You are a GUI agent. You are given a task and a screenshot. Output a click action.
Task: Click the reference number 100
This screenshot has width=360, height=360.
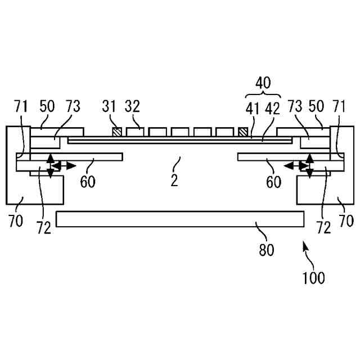(x=313, y=277)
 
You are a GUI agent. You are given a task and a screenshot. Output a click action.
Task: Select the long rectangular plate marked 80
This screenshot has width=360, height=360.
(x=180, y=219)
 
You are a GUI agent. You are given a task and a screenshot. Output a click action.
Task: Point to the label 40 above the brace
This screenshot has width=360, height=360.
(x=263, y=83)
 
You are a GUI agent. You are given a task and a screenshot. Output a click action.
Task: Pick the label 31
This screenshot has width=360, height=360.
(x=110, y=106)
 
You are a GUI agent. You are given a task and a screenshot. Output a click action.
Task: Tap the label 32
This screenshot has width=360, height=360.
(x=132, y=106)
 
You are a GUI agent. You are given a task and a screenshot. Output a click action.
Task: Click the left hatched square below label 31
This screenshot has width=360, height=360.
(x=117, y=132)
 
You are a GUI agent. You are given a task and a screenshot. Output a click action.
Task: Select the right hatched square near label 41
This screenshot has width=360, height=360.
(x=243, y=132)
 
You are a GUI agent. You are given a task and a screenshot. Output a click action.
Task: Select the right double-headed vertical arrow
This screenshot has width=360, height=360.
(x=309, y=166)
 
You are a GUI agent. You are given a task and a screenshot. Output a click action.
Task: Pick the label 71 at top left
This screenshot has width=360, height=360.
(x=21, y=106)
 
